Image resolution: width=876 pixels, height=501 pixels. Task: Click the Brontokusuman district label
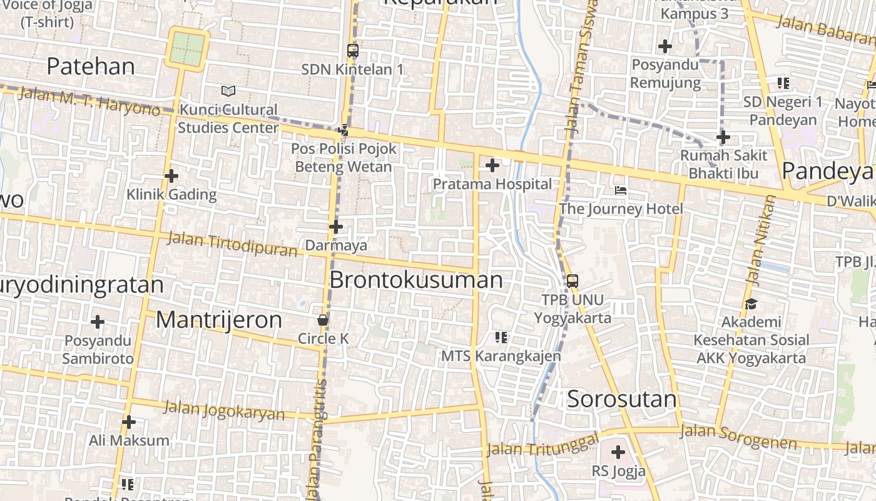click(416, 280)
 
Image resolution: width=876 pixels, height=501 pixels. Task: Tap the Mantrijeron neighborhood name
click(219, 320)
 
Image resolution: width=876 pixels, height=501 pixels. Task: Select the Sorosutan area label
click(622, 399)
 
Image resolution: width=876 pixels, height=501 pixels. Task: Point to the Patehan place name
click(91, 66)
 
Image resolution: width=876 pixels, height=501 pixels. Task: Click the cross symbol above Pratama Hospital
click(492, 165)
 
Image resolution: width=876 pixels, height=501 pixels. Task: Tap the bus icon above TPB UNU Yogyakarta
click(572, 281)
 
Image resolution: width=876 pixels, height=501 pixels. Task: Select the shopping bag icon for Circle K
click(323, 320)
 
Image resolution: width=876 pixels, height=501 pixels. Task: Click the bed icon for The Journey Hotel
click(620, 190)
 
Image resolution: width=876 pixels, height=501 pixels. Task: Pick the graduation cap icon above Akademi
click(751, 304)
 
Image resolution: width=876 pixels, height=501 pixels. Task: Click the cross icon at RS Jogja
click(618, 452)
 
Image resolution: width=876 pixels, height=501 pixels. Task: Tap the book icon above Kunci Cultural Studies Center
click(228, 91)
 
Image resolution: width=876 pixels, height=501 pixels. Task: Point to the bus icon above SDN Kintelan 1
click(353, 51)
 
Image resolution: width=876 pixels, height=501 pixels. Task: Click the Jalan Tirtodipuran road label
click(232, 244)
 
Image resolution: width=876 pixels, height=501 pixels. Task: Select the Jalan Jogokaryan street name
click(223, 411)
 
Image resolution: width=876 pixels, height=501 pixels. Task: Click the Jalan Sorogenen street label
click(738, 437)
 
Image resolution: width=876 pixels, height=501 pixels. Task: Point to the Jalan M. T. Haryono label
click(89, 101)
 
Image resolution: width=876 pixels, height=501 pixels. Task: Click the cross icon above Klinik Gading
click(171, 176)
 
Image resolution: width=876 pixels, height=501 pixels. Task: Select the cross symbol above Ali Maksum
click(129, 422)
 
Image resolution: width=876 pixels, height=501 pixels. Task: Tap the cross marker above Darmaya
click(336, 227)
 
